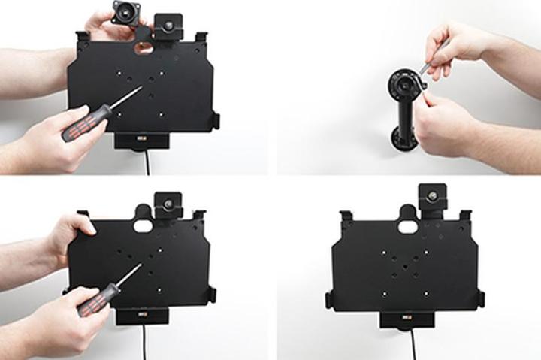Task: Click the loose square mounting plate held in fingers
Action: click(x=124, y=13)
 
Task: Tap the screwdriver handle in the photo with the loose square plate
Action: click(x=84, y=123)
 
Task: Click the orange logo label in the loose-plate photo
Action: click(x=141, y=140)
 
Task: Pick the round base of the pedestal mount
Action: click(x=403, y=140)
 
